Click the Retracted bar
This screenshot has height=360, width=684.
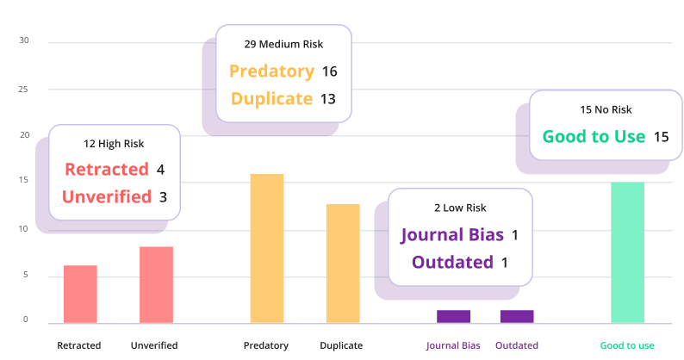tap(80, 295)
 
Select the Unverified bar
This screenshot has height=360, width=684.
tap(156, 285)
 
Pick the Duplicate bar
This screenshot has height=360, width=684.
tap(342, 264)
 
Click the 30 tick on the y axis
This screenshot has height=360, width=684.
tap(24, 41)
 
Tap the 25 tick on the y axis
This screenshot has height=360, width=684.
tap(24, 90)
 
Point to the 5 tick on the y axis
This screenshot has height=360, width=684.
tap(25, 276)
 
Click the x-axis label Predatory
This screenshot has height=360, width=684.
tap(265, 345)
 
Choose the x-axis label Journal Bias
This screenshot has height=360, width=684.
tap(453, 345)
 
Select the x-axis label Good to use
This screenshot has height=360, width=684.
tap(627, 345)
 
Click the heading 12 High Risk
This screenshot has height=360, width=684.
tap(114, 142)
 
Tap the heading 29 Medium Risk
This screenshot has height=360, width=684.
tap(283, 43)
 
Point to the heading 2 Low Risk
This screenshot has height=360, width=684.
tap(460, 208)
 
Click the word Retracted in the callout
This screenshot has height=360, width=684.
tap(107, 170)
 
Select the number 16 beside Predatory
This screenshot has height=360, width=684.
tap(329, 71)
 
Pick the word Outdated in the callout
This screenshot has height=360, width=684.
tap(452, 262)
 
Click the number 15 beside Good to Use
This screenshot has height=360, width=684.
tap(661, 137)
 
